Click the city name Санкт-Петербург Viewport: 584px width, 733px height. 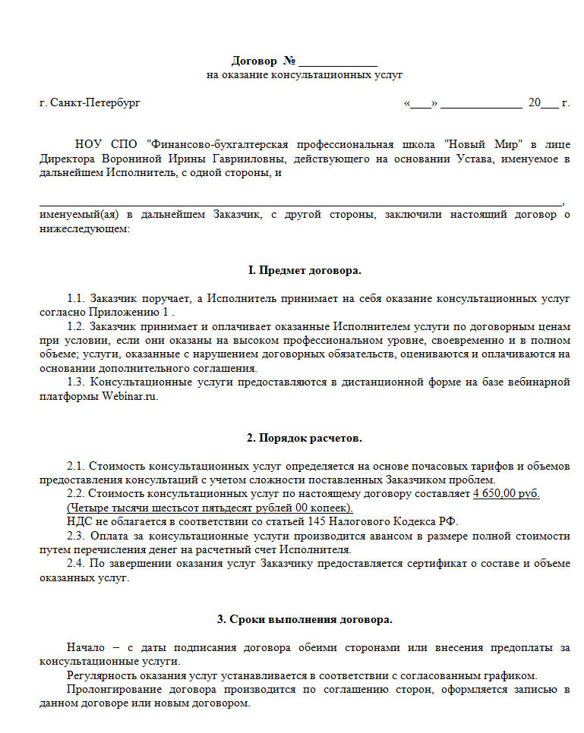click(95, 103)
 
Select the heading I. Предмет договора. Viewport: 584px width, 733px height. click(305, 270)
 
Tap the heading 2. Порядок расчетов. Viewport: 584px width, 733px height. click(305, 438)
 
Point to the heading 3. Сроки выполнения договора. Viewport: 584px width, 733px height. click(305, 619)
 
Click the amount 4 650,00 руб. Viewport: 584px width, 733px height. click(507, 493)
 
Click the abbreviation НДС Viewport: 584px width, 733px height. click(78, 521)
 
